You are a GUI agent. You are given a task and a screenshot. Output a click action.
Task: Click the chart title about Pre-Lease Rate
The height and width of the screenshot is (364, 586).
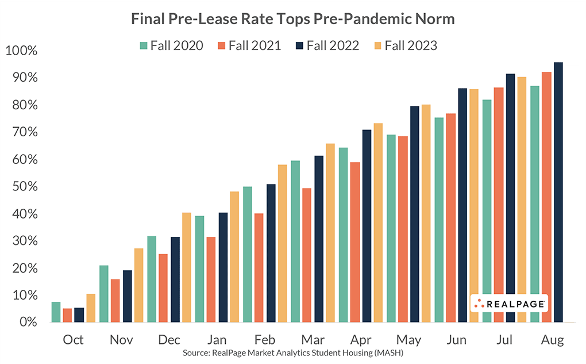click(x=293, y=19)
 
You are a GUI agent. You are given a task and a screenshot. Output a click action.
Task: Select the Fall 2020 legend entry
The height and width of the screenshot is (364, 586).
click(x=171, y=45)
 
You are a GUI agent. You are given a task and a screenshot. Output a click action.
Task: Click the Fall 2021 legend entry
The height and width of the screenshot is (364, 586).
click(x=249, y=45)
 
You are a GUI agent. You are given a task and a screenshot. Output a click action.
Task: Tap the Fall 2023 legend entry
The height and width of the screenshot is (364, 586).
click(x=404, y=45)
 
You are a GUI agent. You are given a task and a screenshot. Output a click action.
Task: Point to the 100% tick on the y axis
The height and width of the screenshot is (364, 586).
click(x=21, y=51)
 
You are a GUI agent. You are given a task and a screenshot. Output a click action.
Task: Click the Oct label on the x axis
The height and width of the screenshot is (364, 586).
click(x=73, y=340)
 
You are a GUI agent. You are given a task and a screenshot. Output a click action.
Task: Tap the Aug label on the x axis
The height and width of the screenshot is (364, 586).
click(x=552, y=340)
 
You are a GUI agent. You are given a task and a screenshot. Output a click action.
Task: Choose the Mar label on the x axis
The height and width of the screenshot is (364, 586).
click(x=313, y=340)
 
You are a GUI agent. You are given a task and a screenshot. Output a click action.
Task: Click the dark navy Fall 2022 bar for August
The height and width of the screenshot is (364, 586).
click(x=558, y=193)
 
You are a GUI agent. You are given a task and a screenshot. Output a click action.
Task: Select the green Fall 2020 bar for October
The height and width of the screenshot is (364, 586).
click(x=56, y=312)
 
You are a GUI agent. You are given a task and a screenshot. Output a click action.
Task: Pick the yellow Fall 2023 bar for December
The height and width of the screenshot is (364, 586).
click(x=186, y=267)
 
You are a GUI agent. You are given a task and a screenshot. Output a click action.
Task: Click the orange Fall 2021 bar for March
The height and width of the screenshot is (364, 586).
click(x=307, y=255)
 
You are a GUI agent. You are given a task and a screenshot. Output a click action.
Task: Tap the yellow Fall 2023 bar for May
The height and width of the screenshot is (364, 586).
click(x=426, y=213)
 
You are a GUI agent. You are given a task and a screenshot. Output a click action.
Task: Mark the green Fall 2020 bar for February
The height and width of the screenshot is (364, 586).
click(x=248, y=254)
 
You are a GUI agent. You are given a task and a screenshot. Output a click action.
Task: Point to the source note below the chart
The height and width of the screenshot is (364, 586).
click(x=293, y=353)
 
